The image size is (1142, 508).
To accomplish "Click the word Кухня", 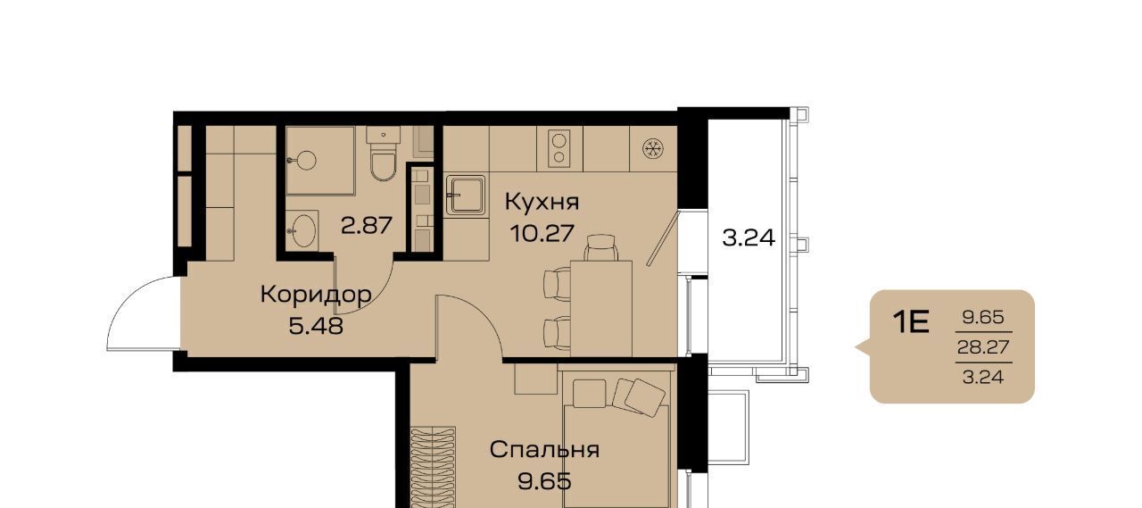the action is [x=542, y=203].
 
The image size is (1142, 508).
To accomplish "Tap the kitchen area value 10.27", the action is [x=542, y=234].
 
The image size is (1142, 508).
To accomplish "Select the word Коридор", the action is [x=316, y=296].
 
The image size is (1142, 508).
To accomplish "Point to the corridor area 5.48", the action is [x=316, y=325].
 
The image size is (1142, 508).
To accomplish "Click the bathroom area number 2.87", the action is [x=367, y=225].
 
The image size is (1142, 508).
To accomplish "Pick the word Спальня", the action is [x=544, y=450].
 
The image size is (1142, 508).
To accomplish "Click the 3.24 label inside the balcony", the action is [x=749, y=237].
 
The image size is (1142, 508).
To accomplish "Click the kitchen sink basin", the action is [x=466, y=195].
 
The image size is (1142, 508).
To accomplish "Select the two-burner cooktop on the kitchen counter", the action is [x=559, y=148].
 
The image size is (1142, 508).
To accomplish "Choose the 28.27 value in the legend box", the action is [x=983, y=347].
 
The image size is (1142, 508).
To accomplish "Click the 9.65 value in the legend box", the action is [x=983, y=317].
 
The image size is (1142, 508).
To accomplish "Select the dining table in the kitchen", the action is [x=601, y=309].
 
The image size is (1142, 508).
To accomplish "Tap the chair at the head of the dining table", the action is [x=601, y=247].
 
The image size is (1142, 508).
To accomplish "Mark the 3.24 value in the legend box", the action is [x=983, y=378].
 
